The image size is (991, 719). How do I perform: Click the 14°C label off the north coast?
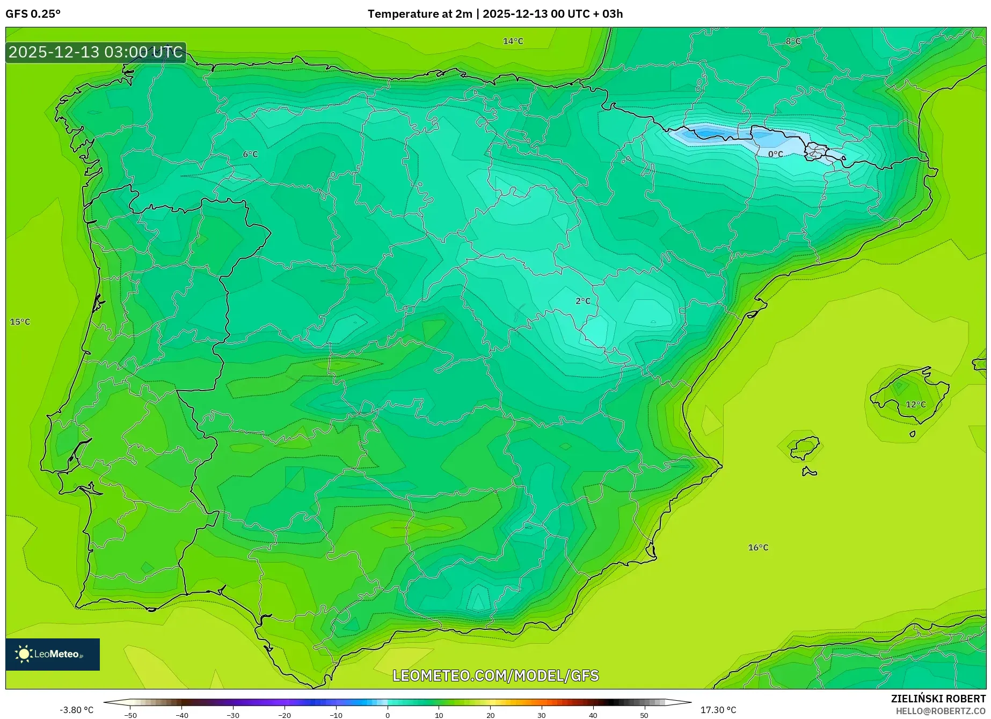(513, 41)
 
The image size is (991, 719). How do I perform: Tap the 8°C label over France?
(793, 41)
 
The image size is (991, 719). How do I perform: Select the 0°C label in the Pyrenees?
(775, 154)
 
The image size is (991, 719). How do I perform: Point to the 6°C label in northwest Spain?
(250, 154)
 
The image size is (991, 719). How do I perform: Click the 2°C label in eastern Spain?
(583, 301)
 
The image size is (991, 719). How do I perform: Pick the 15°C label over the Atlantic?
(20, 322)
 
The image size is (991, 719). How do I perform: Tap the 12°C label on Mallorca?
(916, 405)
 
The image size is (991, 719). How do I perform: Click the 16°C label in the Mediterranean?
(758, 548)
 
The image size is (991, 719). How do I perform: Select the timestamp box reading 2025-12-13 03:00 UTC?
(96, 52)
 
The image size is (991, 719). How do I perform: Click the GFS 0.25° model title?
(33, 14)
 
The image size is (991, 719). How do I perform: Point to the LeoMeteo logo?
(53, 654)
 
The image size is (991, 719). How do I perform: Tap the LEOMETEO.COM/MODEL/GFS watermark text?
(495, 675)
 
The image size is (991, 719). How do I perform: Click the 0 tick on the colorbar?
(388, 715)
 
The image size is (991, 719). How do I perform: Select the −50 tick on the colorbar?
(130, 715)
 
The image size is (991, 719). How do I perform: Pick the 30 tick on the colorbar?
(542, 715)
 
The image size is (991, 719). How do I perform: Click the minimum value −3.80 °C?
(76, 710)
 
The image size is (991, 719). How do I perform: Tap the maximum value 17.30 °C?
(718, 710)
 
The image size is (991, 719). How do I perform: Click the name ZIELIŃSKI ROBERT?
(938, 699)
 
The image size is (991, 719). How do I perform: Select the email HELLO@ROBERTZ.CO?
(940, 711)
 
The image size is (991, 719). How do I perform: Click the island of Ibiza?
(804, 447)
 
